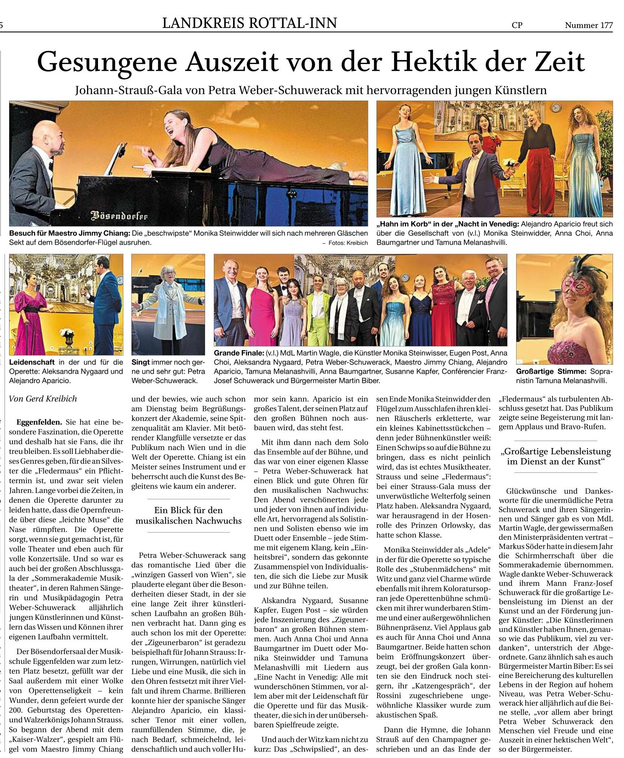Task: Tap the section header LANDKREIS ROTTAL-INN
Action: (x=249, y=24)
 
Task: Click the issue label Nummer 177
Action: (x=588, y=25)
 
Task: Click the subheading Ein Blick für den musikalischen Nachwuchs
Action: (x=188, y=515)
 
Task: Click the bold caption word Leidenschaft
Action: (x=32, y=362)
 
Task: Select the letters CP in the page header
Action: (x=517, y=25)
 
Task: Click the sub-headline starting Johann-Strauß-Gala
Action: (x=311, y=90)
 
